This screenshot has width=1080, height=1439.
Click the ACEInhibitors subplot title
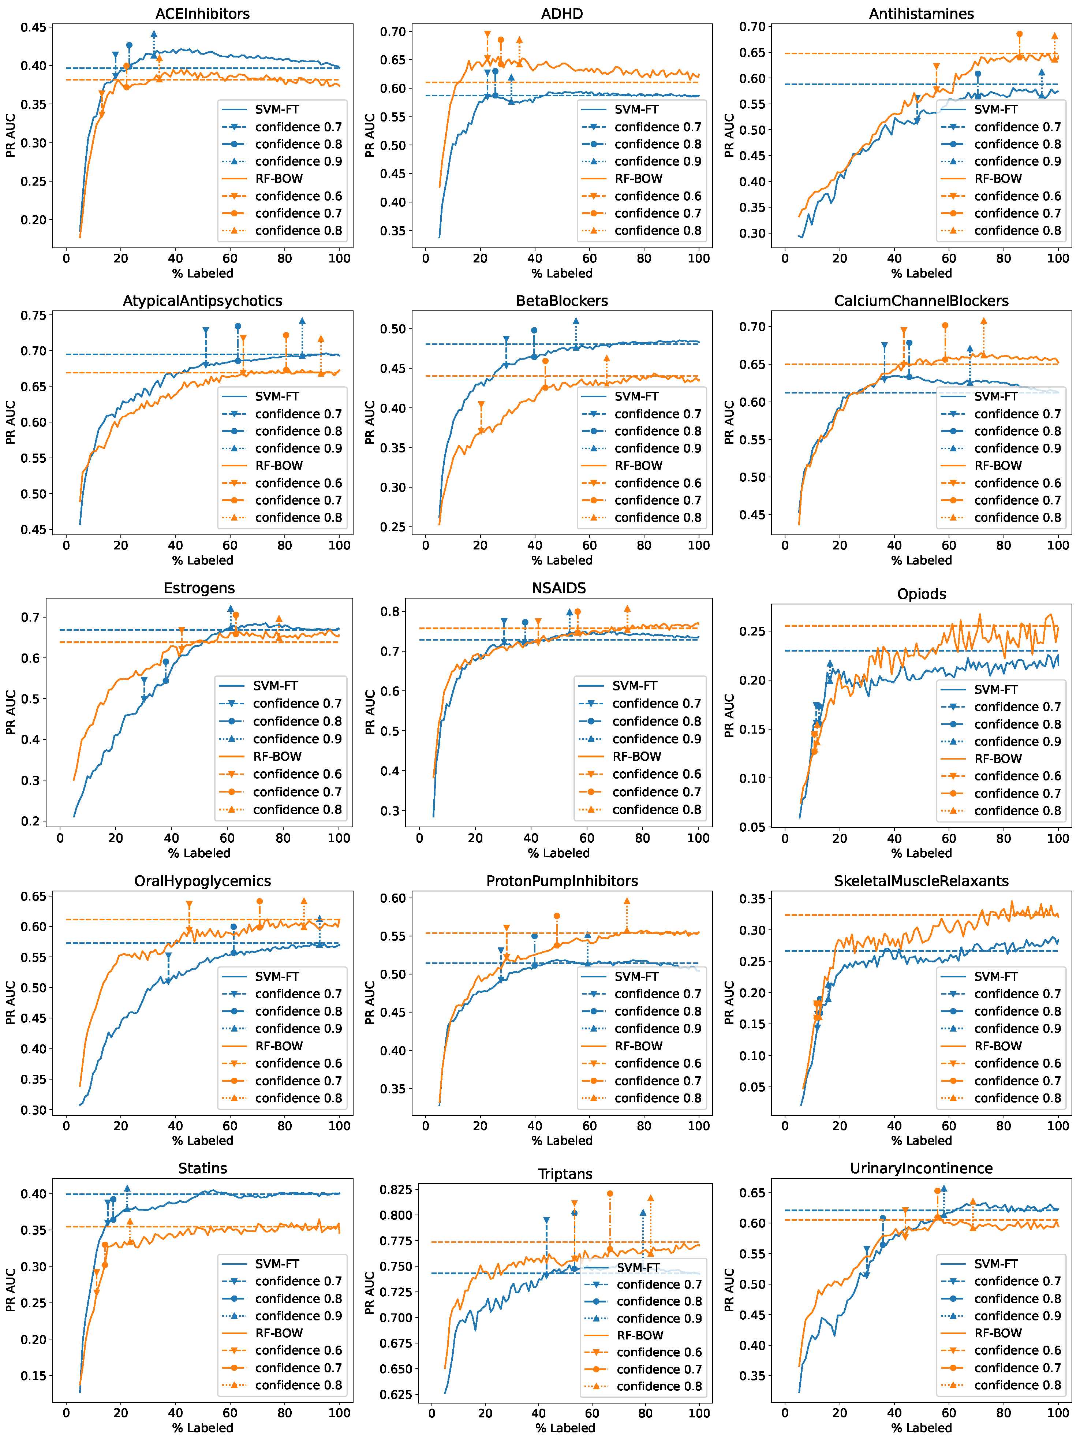[202, 14]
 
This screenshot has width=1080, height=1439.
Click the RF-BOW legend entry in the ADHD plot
[639, 178]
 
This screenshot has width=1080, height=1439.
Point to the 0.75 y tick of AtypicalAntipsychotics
[33, 316]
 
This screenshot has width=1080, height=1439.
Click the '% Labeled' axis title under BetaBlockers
[562, 560]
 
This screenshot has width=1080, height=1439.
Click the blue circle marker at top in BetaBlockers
[534, 331]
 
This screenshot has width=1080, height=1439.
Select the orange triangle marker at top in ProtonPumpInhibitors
[627, 902]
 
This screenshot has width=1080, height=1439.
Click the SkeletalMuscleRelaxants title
[921, 881]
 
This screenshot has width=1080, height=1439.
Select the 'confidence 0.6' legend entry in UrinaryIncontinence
[1017, 1350]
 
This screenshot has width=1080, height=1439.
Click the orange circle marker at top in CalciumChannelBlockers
[945, 325]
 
